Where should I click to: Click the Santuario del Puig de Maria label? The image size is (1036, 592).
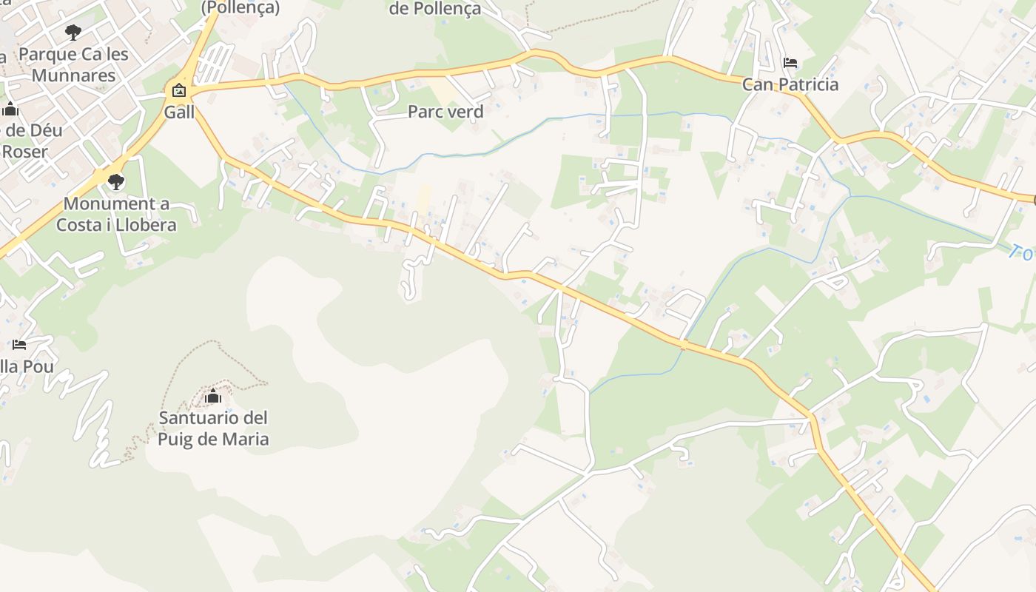(x=213, y=428)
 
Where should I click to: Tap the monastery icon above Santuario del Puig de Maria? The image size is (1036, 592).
(x=213, y=397)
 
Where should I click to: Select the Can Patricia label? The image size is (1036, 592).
(x=790, y=84)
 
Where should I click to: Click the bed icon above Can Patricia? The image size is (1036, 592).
(x=790, y=63)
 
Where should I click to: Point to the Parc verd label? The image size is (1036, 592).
(x=445, y=112)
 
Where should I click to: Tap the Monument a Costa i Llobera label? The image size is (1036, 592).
(x=116, y=215)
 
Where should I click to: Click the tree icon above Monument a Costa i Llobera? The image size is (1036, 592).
(x=115, y=181)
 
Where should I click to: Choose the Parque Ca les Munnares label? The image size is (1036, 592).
(x=73, y=64)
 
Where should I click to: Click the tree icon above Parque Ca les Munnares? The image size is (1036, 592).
(x=73, y=32)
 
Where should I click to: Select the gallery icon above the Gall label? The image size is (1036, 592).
(x=178, y=91)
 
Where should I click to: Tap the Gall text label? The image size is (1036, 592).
(x=179, y=112)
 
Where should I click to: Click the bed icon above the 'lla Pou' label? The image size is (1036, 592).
(x=19, y=345)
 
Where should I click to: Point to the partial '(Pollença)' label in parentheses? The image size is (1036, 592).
(x=240, y=7)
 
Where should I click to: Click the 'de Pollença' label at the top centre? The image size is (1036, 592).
(x=435, y=9)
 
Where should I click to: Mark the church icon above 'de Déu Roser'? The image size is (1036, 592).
(x=10, y=110)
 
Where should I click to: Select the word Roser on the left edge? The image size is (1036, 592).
(x=24, y=152)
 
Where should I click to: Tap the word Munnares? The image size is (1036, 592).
(x=73, y=75)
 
